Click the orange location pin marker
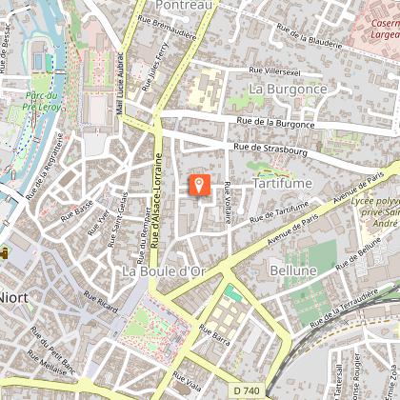pyautogui.click(x=199, y=184)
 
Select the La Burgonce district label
pyautogui.click(x=287, y=89)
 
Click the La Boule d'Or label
pyautogui.click(x=164, y=271)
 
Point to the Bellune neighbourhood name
pyautogui.click(x=292, y=271)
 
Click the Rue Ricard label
pyautogui.click(x=106, y=311)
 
